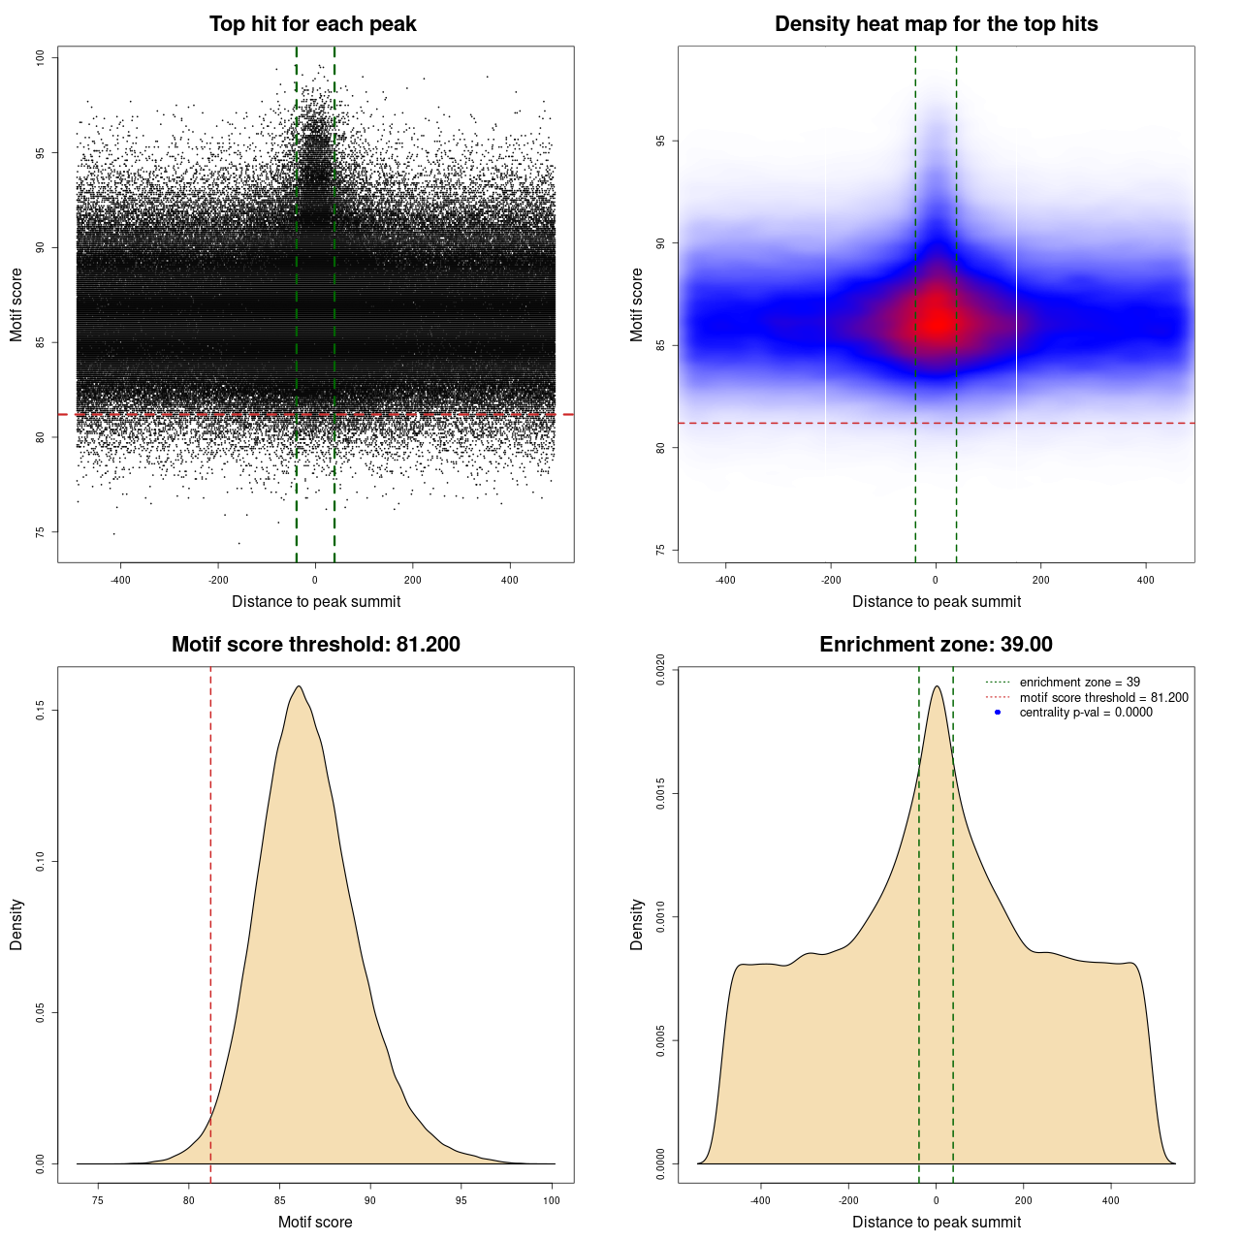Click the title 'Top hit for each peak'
tap(313, 24)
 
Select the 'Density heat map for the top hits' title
tap(936, 24)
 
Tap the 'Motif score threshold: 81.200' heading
tap(315, 645)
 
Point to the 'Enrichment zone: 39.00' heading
tap(936, 645)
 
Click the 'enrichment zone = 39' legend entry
tap(1079, 683)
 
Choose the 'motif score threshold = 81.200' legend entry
tap(1103, 698)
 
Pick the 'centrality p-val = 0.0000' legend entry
tap(1086, 713)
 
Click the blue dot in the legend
tap(998, 713)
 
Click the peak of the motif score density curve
tap(300, 686)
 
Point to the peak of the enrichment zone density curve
tap(937, 686)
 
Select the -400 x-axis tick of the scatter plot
tap(120, 580)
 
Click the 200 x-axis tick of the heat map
tap(1040, 580)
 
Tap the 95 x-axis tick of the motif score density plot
tap(461, 1200)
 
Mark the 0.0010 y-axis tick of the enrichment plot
tap(661, 917)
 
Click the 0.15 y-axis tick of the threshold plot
tap(41, 711)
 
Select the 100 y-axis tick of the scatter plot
tap(41, 58)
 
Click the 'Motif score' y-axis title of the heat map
tap(637, 304)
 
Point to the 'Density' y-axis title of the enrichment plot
tap(637, 924)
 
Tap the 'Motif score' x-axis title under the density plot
tap(315, 1222)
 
